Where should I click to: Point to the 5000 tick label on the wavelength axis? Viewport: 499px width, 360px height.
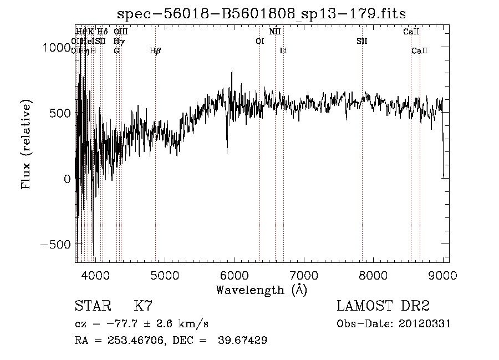point(164,276)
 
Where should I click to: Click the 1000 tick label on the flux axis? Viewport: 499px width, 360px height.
point(57,48)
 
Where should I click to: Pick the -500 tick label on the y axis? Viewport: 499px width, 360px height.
point(54,245)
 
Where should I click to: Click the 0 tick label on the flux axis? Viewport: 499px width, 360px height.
point(67,179)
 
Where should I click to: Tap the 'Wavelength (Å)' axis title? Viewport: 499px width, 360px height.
point(261,290)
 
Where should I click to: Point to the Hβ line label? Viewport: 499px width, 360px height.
point(155,51)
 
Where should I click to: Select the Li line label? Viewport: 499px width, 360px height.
point(283,51)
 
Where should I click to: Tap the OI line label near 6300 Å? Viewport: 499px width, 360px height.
point(259,42)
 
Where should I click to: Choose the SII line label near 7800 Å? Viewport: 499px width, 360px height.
point(362,42)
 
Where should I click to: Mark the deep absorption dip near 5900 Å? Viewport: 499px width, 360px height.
point(227,149)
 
